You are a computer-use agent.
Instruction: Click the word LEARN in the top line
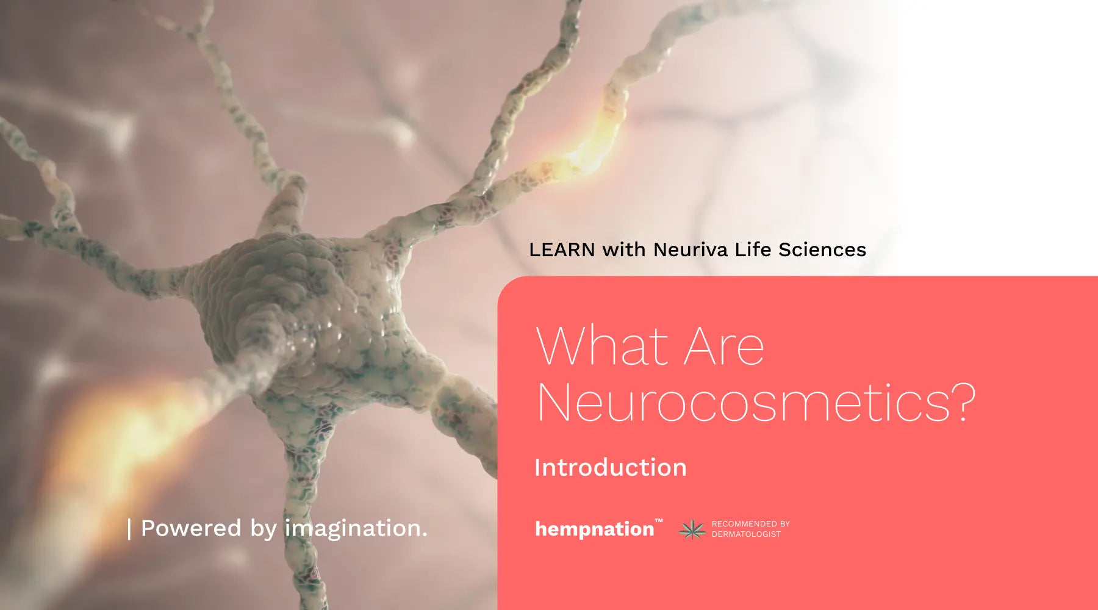pyautogui.click(x=562, y=249)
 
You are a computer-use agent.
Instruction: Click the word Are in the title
pyautogui.click(x=724, y=346)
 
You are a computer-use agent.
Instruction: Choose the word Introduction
pyautogui.click(x=611, y=468)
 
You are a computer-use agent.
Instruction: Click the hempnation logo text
pyautogui.click(x=595, y=529)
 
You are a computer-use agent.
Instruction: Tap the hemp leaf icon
pyautogui.click(x=692, y=529)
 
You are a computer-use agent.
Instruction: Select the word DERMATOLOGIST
pyautogui.click(x=746, y=534)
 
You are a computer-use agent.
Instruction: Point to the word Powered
pyautogui.click(x=191, y=528)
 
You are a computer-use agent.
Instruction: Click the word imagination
pyautogui.click(x=356, y=528)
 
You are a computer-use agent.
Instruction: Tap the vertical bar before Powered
pyautogui.click(x=129, y=529)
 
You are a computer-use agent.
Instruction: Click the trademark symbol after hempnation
pyautogui.click(x=659, y=521)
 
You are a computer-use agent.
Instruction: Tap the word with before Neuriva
pyautogui.click(x=624, y=249)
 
